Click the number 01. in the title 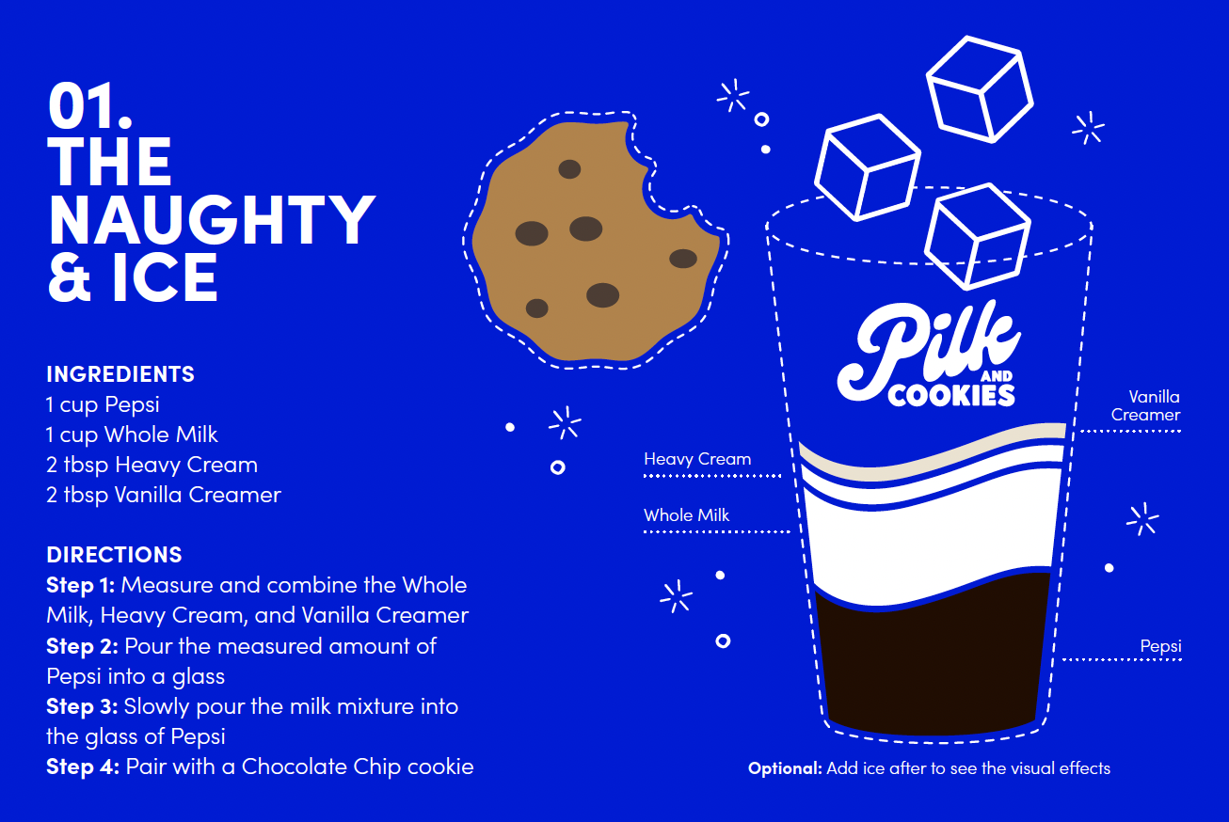89,105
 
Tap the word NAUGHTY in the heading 211,219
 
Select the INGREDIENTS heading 120,374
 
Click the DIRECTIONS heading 114,555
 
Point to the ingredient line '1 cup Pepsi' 103,404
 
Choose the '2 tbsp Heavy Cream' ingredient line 152,465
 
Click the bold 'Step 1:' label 81,585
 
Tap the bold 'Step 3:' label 82,705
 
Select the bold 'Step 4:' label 83,767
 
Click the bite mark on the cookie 668,179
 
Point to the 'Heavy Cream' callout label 697,459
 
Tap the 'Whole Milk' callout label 687,515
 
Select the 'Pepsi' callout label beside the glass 1160,646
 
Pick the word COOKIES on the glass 951,395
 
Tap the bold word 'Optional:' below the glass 785,768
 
